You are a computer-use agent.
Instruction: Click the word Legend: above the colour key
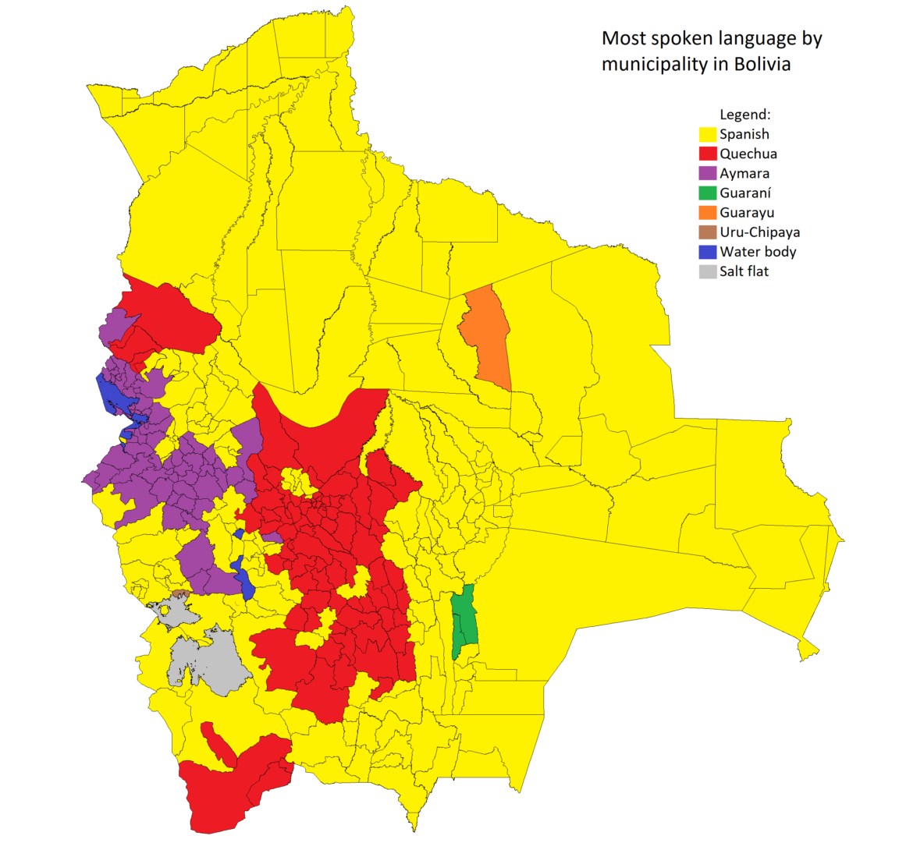[x=744, y=115]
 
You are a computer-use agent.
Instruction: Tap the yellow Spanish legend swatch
[x=707, y=134]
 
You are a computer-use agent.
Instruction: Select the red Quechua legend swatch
[x=707, y=154]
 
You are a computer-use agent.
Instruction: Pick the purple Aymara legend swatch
[x=707, y=173]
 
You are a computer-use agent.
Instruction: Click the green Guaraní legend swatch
[x=707, y=193]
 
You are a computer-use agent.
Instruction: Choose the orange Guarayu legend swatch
[x=707, y=212]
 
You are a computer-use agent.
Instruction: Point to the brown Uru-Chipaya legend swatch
[x=707, y=232]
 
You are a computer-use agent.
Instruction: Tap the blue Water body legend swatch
[x=707, y=251]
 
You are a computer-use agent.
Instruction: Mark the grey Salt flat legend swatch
[x=707, y=271]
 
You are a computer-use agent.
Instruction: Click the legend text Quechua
[x=748, y=154]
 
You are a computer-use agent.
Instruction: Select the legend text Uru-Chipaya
[x=759, y=232]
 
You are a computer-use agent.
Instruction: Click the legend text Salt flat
[x=744, y=271]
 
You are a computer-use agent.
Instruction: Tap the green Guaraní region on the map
[x=464, y=620]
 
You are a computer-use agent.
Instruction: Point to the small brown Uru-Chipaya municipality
[x=180, y=594]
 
